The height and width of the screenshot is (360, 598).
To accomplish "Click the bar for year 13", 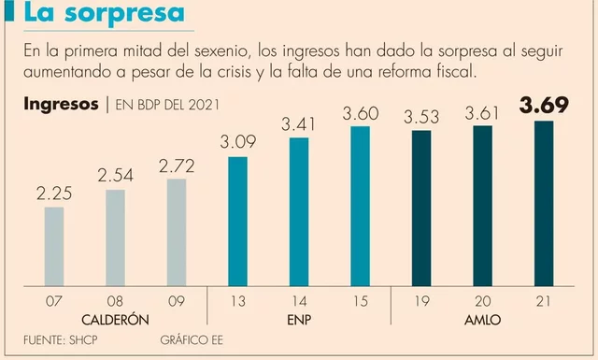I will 237,221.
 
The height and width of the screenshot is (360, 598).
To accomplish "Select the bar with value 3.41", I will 299,211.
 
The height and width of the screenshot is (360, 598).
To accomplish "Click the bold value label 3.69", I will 543,106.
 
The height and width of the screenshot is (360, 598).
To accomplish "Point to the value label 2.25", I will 54,194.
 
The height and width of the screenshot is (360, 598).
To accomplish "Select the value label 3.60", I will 360,113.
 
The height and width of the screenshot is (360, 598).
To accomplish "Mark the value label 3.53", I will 421,117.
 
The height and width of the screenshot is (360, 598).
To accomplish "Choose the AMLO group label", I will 482,319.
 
